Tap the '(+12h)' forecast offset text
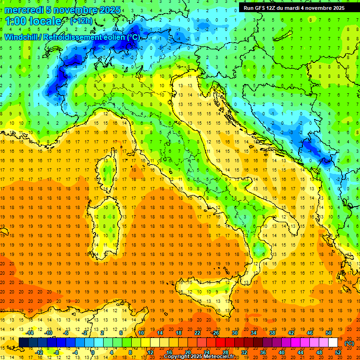(x=81, y=21)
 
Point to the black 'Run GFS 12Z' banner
(x=294, y=7)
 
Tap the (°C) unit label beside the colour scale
(x=349, y=343)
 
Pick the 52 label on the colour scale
(x=338, y=352)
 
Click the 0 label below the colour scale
(x=93, y=352)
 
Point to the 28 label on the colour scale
(x=225, y=352)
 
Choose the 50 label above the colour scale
(x=328, y=333)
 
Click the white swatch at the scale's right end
(x=333, y=343)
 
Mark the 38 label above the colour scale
(x=272, y=333)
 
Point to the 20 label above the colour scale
(x=187, y=352)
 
